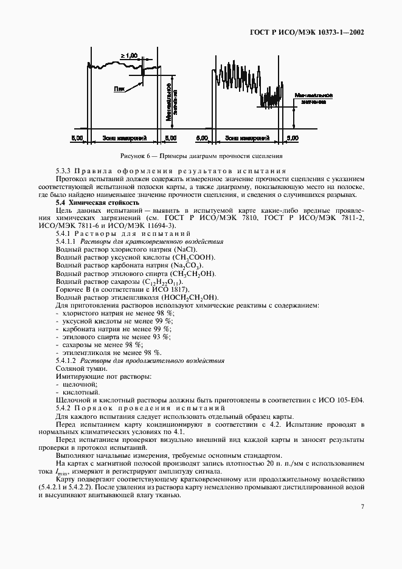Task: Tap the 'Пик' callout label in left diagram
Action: [120, 89]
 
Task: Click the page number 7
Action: [362, 506]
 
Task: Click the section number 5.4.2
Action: [65, 409]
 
